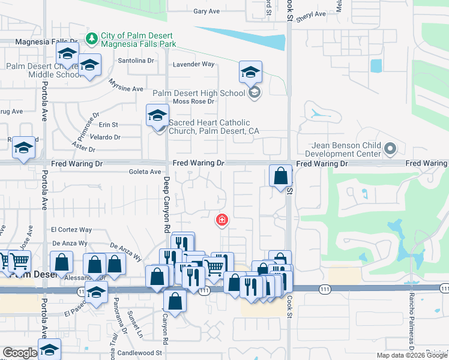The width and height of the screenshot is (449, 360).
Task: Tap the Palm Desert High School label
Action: click(x=199, y=93)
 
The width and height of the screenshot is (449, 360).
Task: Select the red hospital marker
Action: click(x=222, y=220)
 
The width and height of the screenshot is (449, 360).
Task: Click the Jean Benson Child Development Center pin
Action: click(x=391, y=148)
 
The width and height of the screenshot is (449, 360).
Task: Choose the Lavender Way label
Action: click(x=193, y=64)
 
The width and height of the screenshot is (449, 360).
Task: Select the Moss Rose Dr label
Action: click(x=193, y=101)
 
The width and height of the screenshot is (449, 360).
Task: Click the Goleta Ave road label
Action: click(x=145, y=172)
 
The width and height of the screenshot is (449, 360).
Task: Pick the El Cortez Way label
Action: click(x=71, y=230)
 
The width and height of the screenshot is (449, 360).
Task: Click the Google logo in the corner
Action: click(x=20, y=353)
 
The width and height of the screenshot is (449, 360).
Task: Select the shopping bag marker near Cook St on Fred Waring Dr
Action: click(x=280, y=176)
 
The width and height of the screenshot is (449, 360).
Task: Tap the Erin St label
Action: click(x=109, y=125)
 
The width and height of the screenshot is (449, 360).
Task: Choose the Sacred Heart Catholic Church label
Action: click(x=213, y=127)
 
